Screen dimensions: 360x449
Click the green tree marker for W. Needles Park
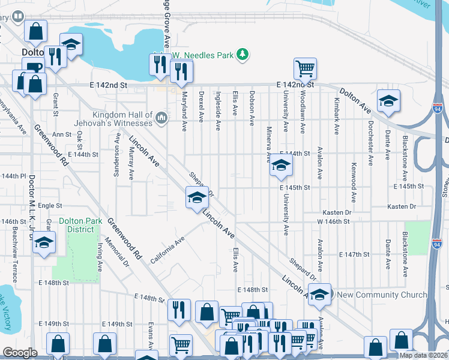coord(243,55)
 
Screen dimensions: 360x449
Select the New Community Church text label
coord(382,295)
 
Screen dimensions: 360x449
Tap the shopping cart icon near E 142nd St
coord(305,68)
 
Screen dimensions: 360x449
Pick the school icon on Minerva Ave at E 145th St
coord(280,166)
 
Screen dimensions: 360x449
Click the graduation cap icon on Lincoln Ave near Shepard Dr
coord(196,198)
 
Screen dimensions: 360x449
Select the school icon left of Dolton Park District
coord(44,243)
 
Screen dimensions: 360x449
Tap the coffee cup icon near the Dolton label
coord(33,67)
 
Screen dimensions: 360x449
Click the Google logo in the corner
coord(20,353)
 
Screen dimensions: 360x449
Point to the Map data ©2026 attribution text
coord(423,355)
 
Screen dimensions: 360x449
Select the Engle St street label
coord(50,206)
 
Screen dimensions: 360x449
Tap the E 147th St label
coord(354,255)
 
